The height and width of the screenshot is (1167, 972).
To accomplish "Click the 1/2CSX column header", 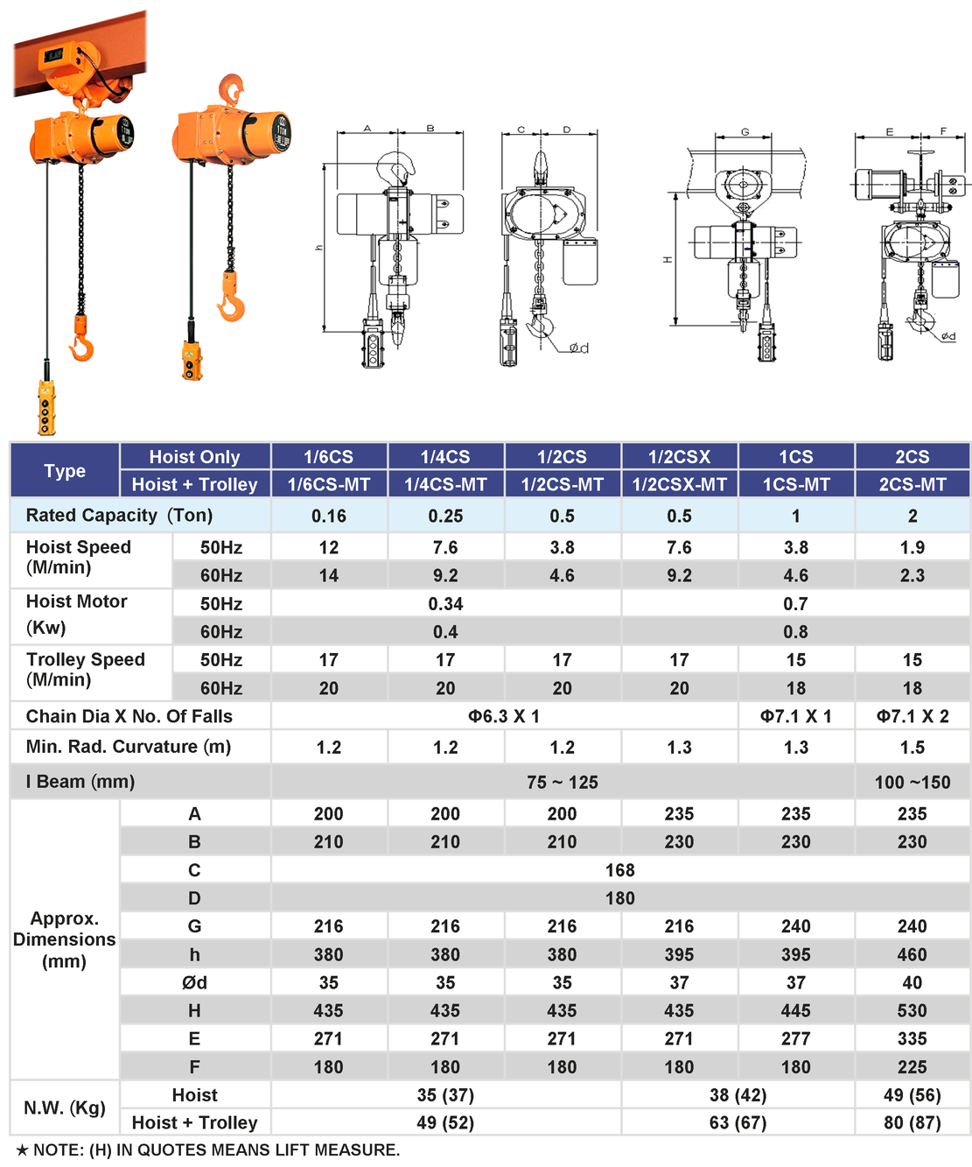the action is (x=679, y=457).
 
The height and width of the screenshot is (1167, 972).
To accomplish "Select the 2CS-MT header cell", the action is (x=913, y=484).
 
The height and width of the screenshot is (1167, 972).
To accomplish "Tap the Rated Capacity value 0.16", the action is (x=328, y=516).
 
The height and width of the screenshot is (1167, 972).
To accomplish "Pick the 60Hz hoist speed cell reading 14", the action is (x=328, y=575).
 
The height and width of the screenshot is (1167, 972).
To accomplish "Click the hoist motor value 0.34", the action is (x=445, y=603).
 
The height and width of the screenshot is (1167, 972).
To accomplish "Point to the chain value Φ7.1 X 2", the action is (x=913, y=716).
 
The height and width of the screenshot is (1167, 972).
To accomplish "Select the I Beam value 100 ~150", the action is (x=913, y=782).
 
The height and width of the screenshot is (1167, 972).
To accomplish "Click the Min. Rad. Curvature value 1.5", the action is (x=913, y=748).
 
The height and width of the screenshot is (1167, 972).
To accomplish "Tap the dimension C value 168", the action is (x=620, y=869).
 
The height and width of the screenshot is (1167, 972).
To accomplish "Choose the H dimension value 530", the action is (x=913, y=1010).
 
